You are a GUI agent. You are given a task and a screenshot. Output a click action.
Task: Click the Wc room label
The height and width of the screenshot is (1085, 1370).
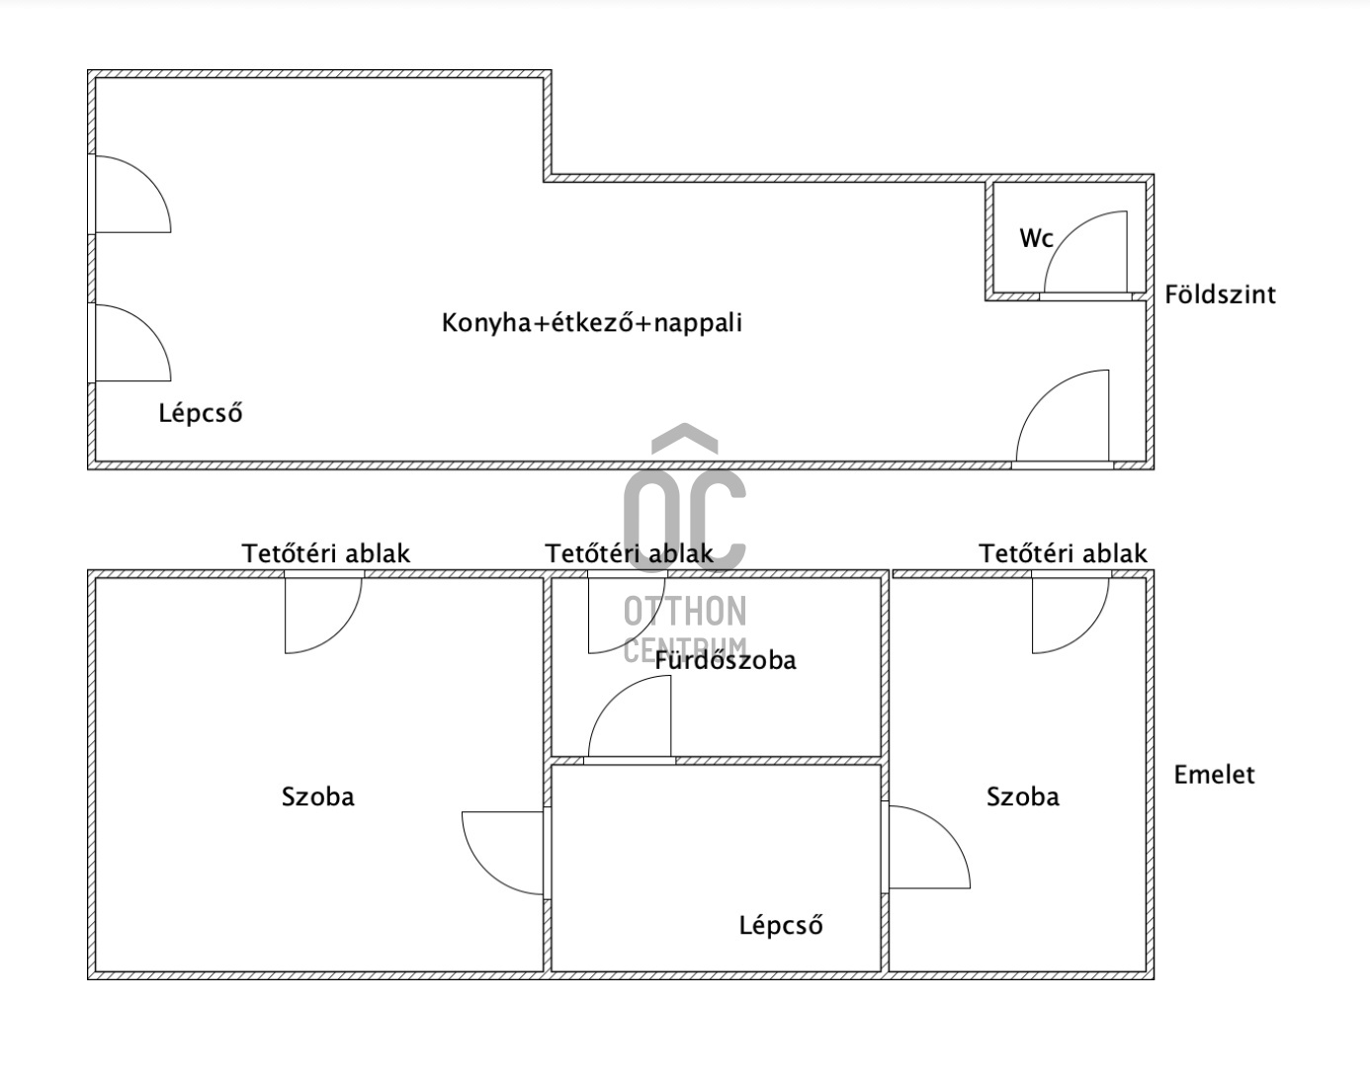point(1036,238)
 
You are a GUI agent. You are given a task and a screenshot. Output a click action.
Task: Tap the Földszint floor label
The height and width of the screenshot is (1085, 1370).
point(1220,294)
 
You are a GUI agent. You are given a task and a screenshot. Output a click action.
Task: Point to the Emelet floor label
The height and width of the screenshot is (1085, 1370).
point(1214,775)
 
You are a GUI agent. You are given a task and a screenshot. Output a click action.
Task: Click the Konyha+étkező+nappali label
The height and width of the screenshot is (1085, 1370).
point(591,323)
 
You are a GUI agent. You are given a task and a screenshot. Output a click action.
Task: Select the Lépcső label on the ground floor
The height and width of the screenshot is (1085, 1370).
point(200,413)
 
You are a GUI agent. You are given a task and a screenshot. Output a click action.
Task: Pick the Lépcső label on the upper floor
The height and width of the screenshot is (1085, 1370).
point(781,926)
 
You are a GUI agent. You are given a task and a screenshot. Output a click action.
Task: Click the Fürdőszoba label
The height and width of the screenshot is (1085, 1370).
point(726,660)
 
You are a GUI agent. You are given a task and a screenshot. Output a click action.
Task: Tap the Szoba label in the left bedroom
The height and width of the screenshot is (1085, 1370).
point(317,796)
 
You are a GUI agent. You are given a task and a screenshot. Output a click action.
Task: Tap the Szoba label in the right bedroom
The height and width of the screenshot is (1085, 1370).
point(1022,796)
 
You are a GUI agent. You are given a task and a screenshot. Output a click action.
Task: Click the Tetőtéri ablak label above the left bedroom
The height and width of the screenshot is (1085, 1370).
point(325,553)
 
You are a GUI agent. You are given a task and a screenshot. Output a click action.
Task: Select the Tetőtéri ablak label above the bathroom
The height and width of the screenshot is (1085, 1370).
point(629,553)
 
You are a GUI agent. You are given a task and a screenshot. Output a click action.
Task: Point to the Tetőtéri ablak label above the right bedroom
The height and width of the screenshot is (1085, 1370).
point(1064,553)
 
